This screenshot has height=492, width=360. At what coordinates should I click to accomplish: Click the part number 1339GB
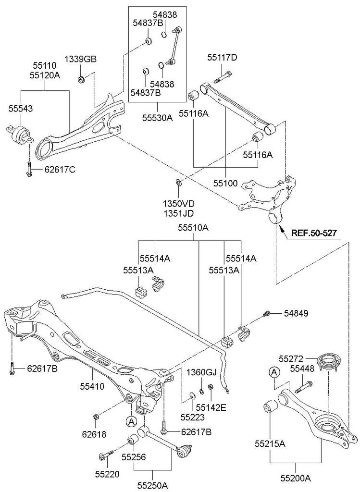(x=81, y=60)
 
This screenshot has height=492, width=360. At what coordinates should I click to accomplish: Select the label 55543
(x=21, y=109)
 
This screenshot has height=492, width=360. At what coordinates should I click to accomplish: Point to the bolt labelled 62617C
(x=29, y=169)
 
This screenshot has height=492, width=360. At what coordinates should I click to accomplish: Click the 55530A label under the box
(x=158, y=117)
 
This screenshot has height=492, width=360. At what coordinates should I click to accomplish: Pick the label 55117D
(x=223, y=58)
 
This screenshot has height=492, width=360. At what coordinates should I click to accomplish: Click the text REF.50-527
(x=313, y=234)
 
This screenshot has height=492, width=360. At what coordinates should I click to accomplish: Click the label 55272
(x=291, y=358)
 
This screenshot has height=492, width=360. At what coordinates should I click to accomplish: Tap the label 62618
(x=95, y=434)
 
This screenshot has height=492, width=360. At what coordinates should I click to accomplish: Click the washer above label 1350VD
(x=178, y=183)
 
